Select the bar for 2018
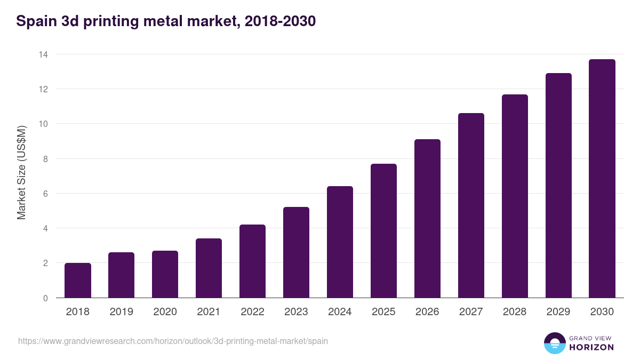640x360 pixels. (78, 281)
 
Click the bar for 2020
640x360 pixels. (165, 275)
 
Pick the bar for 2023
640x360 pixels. (296, 253)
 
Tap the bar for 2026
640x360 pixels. (427, 219)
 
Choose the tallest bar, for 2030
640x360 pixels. (602, 179)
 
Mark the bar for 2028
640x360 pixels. (515, 196)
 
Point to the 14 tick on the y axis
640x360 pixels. (44, 54)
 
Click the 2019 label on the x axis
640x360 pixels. (122, 312)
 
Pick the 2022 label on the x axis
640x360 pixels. (252, 312)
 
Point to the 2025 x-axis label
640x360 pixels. (383, 312)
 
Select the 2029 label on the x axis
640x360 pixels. (558, 312)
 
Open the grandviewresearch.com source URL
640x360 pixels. (173, 341)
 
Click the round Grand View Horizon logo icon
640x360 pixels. (555, 343)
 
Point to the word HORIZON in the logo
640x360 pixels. (591, 347)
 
